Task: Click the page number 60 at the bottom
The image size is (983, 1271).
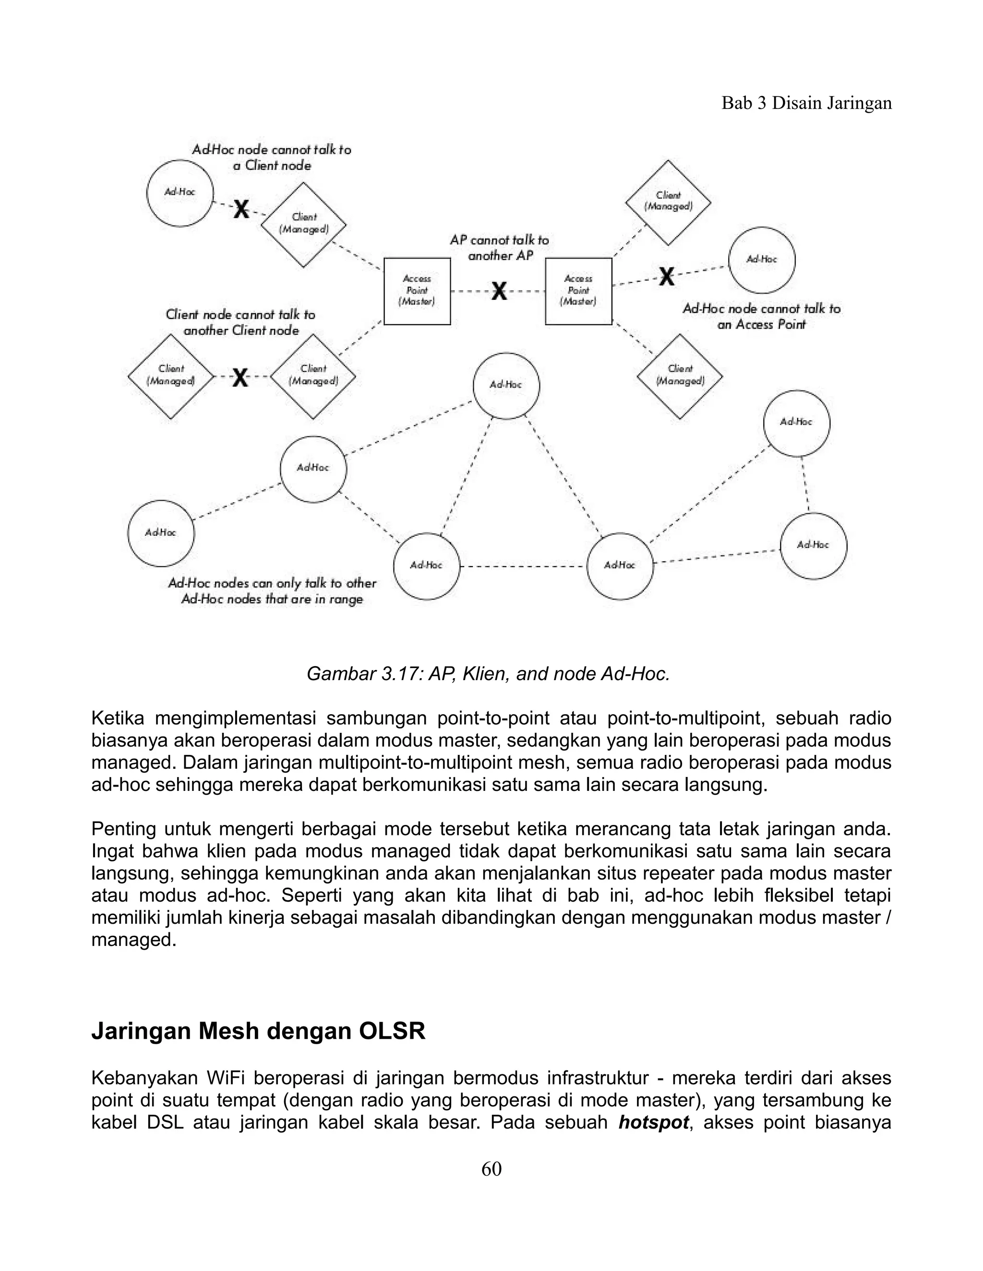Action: (491, 1185)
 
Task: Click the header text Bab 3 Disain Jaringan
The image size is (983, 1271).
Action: (806, 103)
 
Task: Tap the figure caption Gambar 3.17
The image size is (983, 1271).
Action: (488, 673)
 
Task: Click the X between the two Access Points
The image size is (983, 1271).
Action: (499, 291)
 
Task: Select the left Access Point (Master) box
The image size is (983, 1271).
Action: (417, 291)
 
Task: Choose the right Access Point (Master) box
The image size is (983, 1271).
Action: (578, 291)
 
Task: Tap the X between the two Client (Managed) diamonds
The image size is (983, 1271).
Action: (240, 377)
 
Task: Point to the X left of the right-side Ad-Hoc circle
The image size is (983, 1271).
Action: (667, 276)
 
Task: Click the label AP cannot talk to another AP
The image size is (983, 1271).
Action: (500, 247)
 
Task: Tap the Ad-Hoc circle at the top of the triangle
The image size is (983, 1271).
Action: (505, 385)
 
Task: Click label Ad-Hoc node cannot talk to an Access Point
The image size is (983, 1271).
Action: (761, 316)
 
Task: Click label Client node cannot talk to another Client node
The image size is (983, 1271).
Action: (240, 322)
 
